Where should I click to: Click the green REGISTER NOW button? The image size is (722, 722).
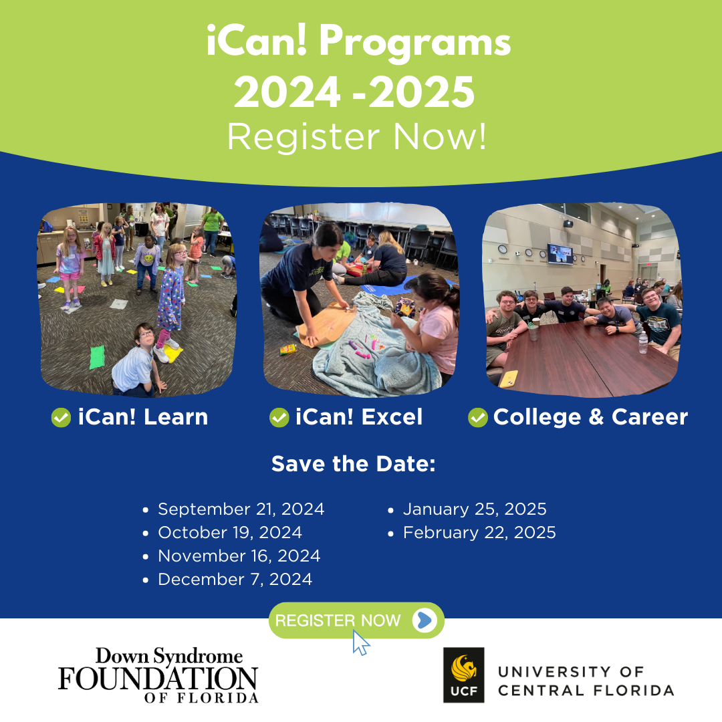(x=356, y=620)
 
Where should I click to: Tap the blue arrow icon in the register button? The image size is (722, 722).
(x=424, y=620)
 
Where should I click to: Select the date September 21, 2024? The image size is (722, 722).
(x=241, y=509)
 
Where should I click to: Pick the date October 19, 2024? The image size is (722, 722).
(x=230, y=533)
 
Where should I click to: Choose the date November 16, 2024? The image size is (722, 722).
(x=239, y=556)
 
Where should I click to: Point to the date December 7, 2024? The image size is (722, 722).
(x=235, y=579)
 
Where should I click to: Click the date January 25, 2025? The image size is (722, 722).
(x=475, y=509)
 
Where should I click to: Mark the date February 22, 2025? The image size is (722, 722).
(x=479, y=533)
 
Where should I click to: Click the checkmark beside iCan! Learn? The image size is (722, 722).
(x=61, y=418)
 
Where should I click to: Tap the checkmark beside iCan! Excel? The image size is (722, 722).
(x=279, y=418)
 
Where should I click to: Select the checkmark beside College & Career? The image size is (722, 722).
(x=478, y=418)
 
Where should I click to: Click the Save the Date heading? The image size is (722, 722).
(x=353, y=464)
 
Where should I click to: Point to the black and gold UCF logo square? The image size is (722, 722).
(x=464, y=675)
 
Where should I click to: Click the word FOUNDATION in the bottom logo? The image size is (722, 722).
(x=158, y=679)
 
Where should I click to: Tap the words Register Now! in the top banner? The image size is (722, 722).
(x=357, y=137)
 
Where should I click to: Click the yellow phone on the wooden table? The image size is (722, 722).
(x=509, y=379)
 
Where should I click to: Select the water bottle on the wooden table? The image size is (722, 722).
(x=643, y=342)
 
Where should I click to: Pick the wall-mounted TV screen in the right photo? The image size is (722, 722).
(x=560, y=254)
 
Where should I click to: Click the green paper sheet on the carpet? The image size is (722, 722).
(x=97, y=357)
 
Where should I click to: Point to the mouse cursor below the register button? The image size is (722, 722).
(x=361, y=643)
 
